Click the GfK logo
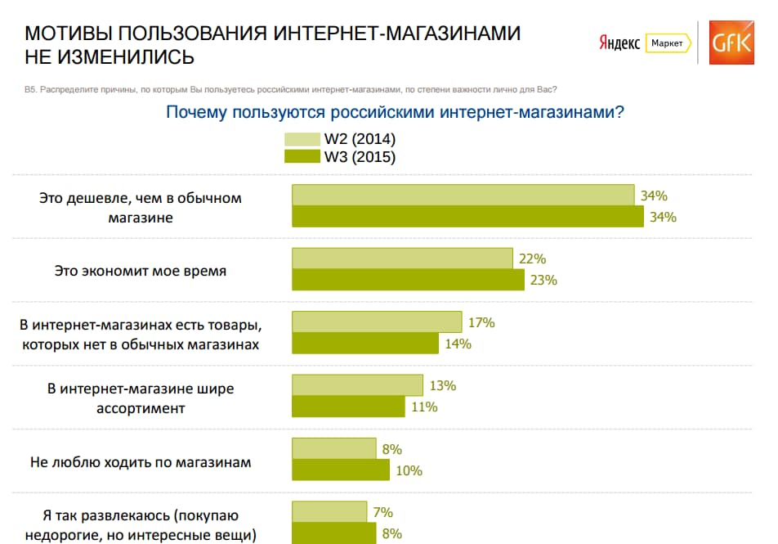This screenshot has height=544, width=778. click(731, 42)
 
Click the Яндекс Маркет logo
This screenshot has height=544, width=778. click(644, 43)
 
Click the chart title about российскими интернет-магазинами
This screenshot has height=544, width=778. click(395, 112)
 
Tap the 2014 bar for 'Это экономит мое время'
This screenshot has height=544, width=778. click(402, 259)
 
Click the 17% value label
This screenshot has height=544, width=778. click(481, 322)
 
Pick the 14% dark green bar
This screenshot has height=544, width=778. click(365, 344)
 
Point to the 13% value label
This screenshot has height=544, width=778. click(442, 386)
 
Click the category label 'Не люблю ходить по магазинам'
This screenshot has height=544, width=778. click(141, 462)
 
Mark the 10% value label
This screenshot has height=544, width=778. click(409, 470)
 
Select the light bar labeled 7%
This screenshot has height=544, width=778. click(329, 513)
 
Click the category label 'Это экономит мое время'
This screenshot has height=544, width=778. click(140, 270)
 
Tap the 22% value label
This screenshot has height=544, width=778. click(532, 259)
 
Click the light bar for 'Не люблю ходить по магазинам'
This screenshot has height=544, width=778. click(333, 449)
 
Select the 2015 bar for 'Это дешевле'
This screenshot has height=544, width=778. click(468, 217)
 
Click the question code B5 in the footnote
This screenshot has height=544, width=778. click(32, 89)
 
